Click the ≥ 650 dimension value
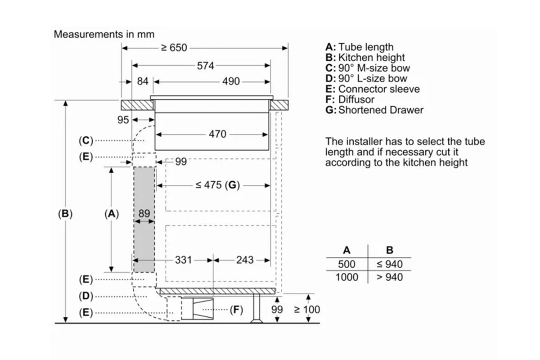point(174,48)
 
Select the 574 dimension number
point(205,66)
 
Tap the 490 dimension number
point(231,82)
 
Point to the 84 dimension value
point(142,82)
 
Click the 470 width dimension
point(218,134)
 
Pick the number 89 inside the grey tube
point(144,214)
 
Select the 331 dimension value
point(183,260)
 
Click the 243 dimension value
point(245,260)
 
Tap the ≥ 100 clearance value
point(307,310)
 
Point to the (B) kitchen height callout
point(66,214)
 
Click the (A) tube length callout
point(111,214)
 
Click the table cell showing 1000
point(347,277)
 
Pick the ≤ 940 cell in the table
point(389,264)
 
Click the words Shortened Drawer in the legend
point(381,110)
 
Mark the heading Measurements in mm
point(104,34)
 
